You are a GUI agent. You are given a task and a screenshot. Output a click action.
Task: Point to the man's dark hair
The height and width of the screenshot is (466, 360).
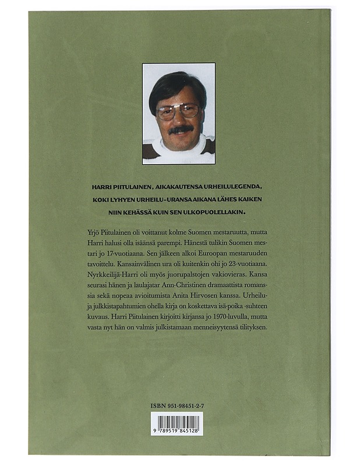[177, 87]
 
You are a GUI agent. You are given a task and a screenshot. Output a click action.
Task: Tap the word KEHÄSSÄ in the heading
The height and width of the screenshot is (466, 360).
[140, 211]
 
